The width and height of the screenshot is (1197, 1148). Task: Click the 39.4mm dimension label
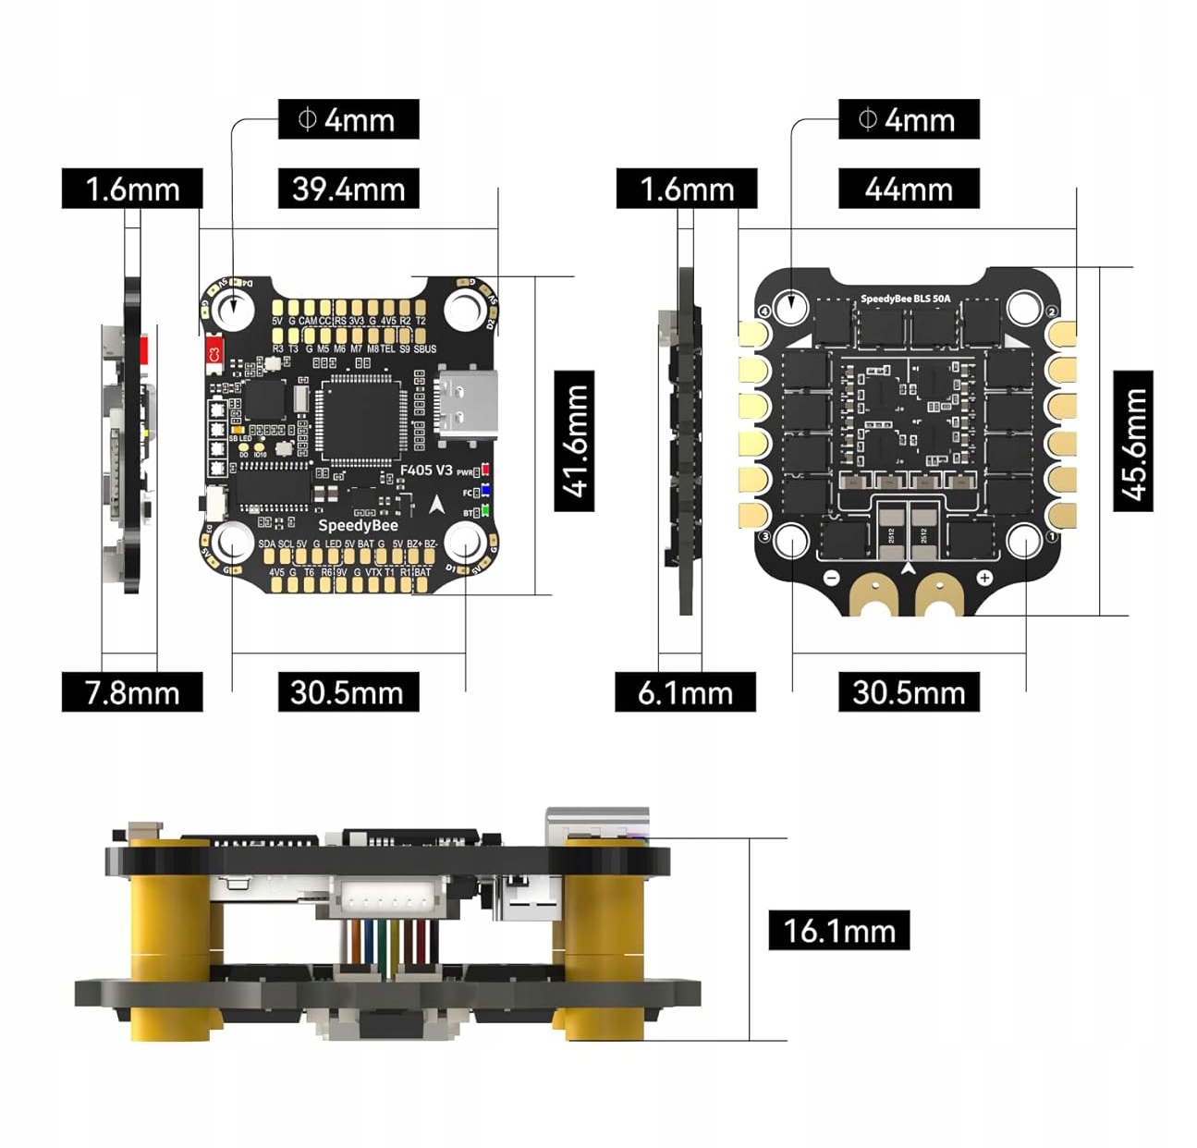(348, 189)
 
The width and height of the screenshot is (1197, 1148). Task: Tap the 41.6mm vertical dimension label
(574, 441)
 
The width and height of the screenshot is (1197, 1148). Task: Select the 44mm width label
(909, 189)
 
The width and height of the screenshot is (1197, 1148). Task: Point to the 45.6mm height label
(1133, 441)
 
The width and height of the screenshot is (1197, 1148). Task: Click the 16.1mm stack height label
(838, 930)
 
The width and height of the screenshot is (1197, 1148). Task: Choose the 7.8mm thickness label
(131, 691)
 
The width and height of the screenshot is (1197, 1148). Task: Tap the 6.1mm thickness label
(685, 691)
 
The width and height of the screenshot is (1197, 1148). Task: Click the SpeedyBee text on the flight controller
(358, 525)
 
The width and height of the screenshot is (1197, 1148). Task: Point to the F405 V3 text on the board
(426, 470)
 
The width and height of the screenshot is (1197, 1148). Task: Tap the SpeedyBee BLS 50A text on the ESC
(905, 299)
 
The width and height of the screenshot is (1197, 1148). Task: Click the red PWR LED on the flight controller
(485, 471)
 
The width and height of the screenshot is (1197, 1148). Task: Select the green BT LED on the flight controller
(485, 511)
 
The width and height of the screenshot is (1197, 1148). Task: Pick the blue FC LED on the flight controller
(485, 492)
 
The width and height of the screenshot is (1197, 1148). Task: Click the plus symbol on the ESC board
(984, 578)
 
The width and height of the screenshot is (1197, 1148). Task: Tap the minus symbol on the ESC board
(830, 578)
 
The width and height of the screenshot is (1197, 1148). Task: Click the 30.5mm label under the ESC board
(909, 691)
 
